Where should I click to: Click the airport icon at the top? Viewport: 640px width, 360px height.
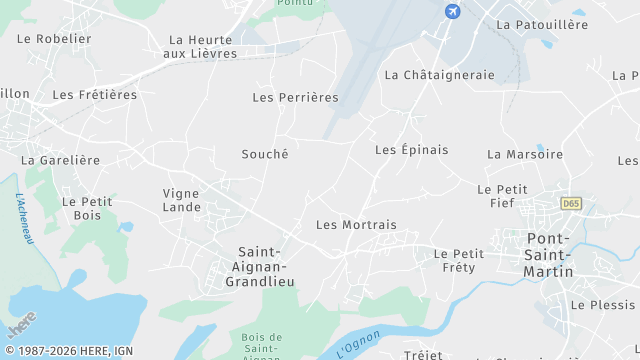452,11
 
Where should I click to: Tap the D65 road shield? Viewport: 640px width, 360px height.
571,203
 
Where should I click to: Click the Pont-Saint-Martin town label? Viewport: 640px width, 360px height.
550,255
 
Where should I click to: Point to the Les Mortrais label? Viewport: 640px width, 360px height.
356,226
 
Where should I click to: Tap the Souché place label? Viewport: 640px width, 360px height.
265,154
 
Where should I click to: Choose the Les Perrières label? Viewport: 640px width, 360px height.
295,98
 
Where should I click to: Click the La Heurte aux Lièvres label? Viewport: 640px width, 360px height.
200,46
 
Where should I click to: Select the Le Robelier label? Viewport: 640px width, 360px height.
54,39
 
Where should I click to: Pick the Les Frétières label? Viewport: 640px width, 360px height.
94,95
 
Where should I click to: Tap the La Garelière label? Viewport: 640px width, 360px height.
61,160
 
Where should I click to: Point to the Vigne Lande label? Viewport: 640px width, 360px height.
182,201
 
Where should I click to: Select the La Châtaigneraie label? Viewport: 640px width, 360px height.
439,75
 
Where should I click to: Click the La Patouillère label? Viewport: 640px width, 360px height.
542,24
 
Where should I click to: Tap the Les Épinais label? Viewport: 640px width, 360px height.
411,150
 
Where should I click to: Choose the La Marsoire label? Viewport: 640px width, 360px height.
525,155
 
